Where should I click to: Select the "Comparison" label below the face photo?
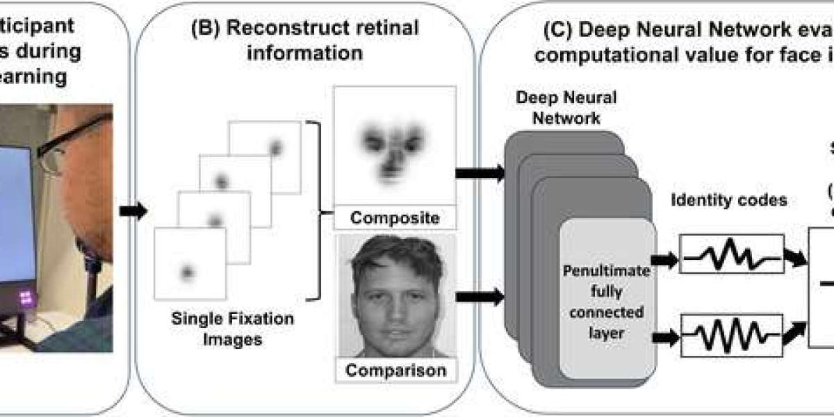[395, 370]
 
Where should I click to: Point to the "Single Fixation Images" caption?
[233, 329]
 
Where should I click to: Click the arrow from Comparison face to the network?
[480, 297]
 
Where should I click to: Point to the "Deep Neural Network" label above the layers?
[566, 107]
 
